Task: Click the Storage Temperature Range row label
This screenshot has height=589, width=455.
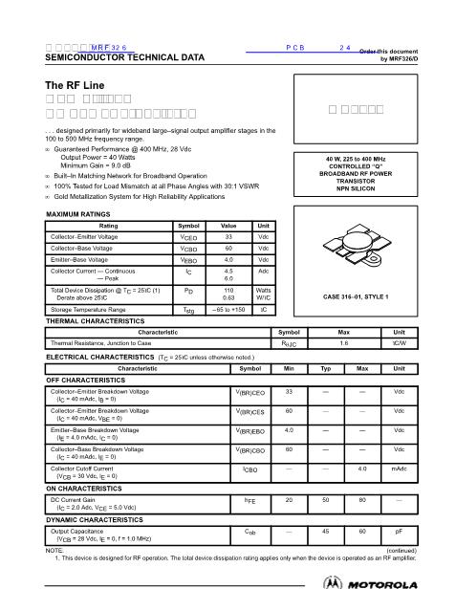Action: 88,310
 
